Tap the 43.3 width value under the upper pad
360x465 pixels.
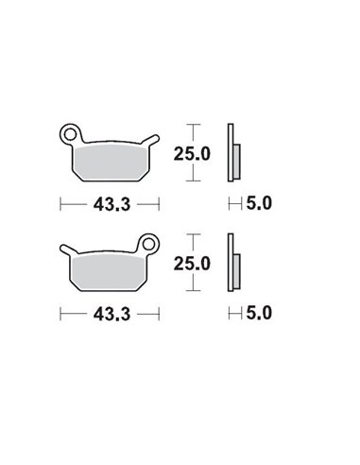tap(110, 202)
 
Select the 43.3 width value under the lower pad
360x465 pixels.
tap(110, 311)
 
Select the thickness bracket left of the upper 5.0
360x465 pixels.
tap(232, 202)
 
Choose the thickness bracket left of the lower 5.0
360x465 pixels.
tap(232, 311)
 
